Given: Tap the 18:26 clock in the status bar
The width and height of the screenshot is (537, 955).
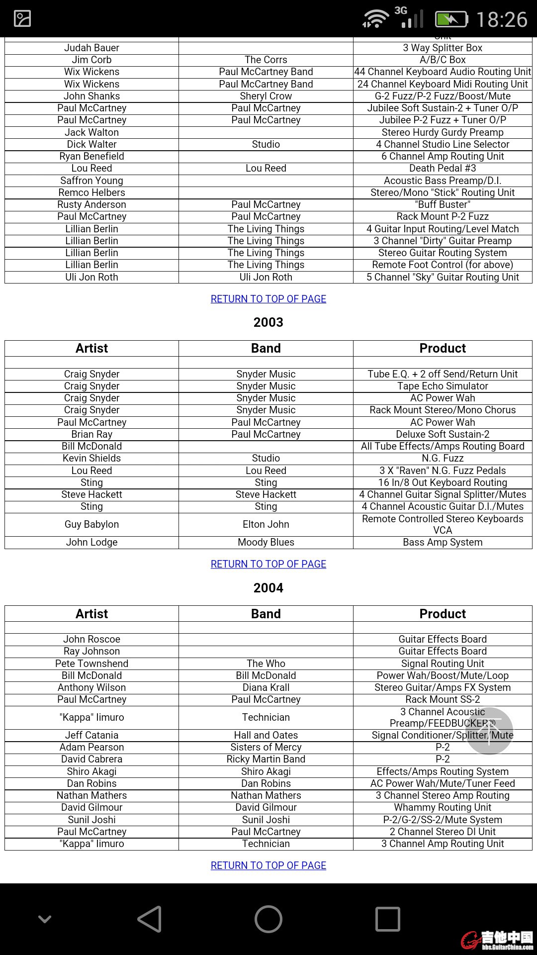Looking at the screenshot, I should point(502,20).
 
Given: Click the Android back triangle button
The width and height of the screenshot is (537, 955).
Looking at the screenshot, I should point(150,919).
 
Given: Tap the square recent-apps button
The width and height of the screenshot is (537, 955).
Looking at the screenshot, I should point(387,919).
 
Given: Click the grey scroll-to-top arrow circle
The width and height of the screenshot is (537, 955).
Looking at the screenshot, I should point(489,731).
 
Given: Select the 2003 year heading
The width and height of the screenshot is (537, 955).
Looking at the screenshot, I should point(268,322).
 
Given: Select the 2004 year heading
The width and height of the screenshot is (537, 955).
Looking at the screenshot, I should point(268,588).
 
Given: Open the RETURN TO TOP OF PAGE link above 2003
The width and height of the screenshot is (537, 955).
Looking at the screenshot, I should point(268,299).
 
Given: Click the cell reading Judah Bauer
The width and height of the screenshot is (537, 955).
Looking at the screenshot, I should point(92,48).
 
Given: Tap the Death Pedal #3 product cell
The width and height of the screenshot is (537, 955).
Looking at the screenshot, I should point(443,168).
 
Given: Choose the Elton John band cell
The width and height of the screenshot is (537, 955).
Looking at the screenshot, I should point(266,524).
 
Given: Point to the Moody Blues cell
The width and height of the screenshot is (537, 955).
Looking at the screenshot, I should point(266,542).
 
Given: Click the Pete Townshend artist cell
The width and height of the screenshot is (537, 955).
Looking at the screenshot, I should point(92,664).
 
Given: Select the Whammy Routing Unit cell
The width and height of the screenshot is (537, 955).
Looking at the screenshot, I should point(443,807).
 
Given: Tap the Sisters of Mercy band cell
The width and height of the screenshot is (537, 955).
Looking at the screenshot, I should point(266,747).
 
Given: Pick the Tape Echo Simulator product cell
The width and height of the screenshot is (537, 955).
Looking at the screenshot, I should point(443,386).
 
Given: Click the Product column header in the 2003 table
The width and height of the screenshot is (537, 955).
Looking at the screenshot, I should point(443,348).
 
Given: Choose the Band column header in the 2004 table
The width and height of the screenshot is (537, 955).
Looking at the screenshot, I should point(266,614).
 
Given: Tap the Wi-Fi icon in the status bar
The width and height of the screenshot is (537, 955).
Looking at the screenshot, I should point(376,19).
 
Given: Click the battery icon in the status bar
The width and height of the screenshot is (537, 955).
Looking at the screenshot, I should point(451,19).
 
